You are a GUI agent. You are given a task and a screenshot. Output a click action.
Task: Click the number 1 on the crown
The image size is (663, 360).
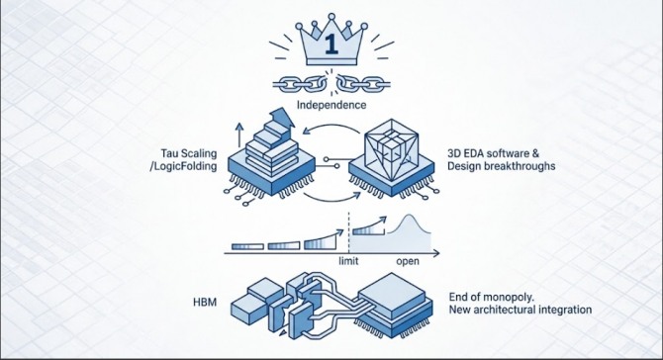coord(331,45)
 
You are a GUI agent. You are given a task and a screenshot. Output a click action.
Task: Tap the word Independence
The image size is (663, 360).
coord(331,105)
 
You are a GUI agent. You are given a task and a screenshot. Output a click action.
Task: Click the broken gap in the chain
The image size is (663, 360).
coord(331,82)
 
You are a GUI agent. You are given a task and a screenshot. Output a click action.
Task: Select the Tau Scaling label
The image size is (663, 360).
coord(189,153)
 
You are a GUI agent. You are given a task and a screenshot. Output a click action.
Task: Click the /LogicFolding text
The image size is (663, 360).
coord(183,166)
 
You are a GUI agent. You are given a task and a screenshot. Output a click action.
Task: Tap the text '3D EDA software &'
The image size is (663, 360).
coord(494,153)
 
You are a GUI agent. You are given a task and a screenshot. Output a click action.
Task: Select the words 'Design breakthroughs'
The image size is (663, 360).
coord(501,166)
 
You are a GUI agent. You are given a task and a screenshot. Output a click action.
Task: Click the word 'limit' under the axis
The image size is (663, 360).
coord(348,261)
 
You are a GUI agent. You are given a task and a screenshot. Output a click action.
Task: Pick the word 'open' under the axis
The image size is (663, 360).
coord(408,261)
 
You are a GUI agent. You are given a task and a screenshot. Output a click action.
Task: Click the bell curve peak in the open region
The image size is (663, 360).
coord(409,216)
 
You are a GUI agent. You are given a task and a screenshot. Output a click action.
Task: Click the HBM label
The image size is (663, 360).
coord(205,302)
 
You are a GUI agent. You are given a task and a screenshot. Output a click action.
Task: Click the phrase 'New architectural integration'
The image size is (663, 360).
coord(521,310)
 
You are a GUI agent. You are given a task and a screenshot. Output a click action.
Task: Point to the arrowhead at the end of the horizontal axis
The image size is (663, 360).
coord(436,253)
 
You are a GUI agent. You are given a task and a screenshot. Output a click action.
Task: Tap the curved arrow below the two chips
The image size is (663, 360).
coord(331,199)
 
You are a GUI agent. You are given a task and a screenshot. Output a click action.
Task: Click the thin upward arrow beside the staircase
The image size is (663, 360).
coord(239,135)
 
